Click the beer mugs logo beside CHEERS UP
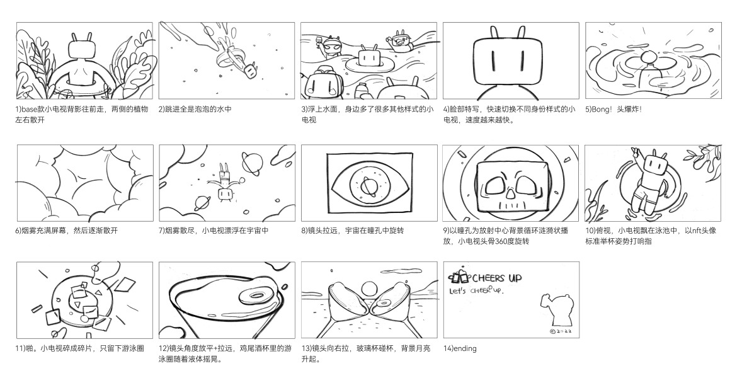click(x=458, y=278)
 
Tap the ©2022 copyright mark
click(x=560, y=330)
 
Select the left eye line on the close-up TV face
click(x=490, y=61)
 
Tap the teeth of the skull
click(x=511, y=205)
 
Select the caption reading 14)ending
click(x=460, y=348)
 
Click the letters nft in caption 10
click(x=697, y=231)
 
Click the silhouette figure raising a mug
click(x=553, y=309)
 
